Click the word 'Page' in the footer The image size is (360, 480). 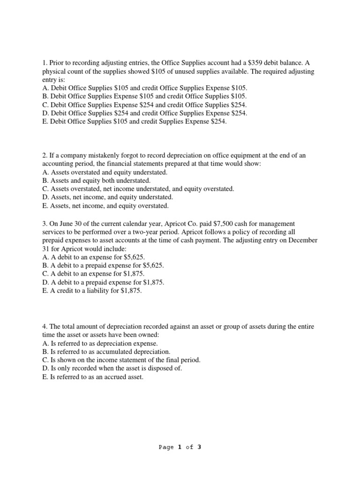[x=166, y=447]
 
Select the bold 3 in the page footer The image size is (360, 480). [x=199, y=447]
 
